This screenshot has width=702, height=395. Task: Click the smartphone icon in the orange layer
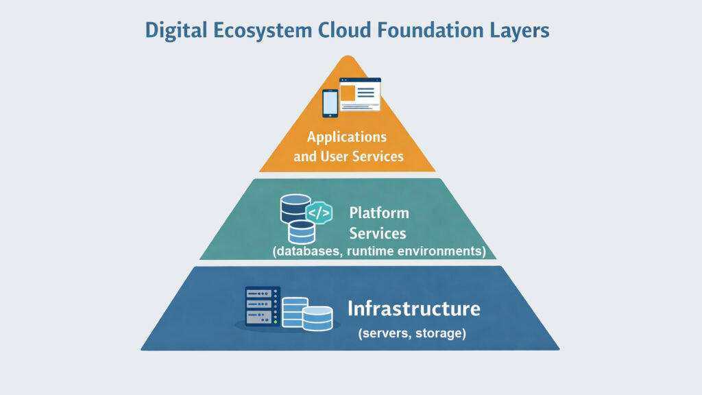(330, 103)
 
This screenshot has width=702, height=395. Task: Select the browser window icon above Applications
(360, 94)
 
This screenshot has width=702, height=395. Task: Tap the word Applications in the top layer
(347, 136)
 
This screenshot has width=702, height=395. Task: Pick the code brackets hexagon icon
(319, 213)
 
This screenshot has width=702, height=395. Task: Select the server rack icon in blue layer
(263, 306)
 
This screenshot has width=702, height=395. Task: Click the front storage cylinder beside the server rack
(317, 318)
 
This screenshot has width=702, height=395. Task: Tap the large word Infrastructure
(413, 309)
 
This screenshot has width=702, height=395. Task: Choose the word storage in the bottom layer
(444, 334)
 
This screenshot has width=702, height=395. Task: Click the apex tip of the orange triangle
(348, 58)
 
